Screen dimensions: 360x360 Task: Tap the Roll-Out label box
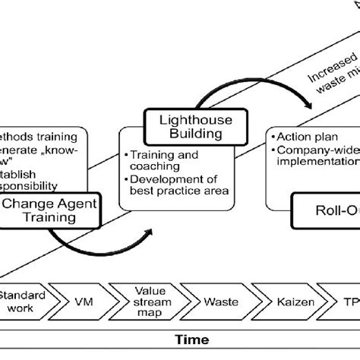[x=327, y=210]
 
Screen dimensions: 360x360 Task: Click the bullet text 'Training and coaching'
[x=163, y=159]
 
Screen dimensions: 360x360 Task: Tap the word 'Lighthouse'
[x=183, y=118]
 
